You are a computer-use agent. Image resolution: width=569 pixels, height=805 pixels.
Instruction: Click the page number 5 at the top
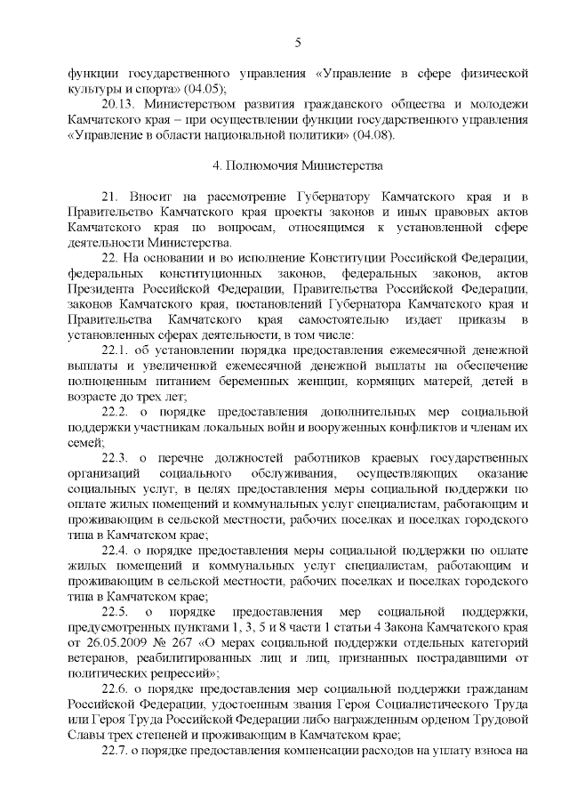click(x=298, y=41)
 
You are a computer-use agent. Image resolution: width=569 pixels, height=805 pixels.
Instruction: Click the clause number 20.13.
click(x=121, y=104)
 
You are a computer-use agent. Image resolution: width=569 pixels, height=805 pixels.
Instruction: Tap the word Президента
click(x=103, y=289)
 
